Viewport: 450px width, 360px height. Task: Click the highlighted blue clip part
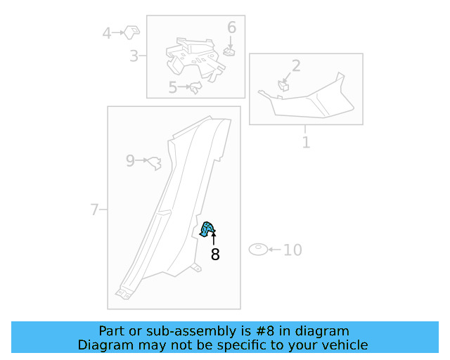(207, 229)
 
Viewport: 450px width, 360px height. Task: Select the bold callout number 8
(215, 255)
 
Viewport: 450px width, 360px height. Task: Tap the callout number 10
(292, 250)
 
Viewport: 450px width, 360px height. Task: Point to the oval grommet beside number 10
(258, 249)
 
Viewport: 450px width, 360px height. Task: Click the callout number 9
(130, 161)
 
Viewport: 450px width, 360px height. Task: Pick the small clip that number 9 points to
(155, 163)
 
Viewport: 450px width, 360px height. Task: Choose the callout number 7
(94, 210)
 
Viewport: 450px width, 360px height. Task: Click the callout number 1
(306, 143)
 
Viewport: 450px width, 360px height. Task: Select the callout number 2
(296, 65)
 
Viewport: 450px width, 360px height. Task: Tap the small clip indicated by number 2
(283, 86)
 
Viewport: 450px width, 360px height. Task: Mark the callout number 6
(231, 27)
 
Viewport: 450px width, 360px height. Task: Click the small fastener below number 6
(229, 51)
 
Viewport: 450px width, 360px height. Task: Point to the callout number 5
(172, 87)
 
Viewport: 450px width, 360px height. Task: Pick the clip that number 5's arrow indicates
(195, 87)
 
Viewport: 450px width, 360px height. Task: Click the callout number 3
(134, 56)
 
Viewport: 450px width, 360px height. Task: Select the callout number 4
(107, 33)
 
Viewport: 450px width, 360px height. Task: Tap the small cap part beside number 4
(131, 32)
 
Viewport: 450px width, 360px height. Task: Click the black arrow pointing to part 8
(214, 239)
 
